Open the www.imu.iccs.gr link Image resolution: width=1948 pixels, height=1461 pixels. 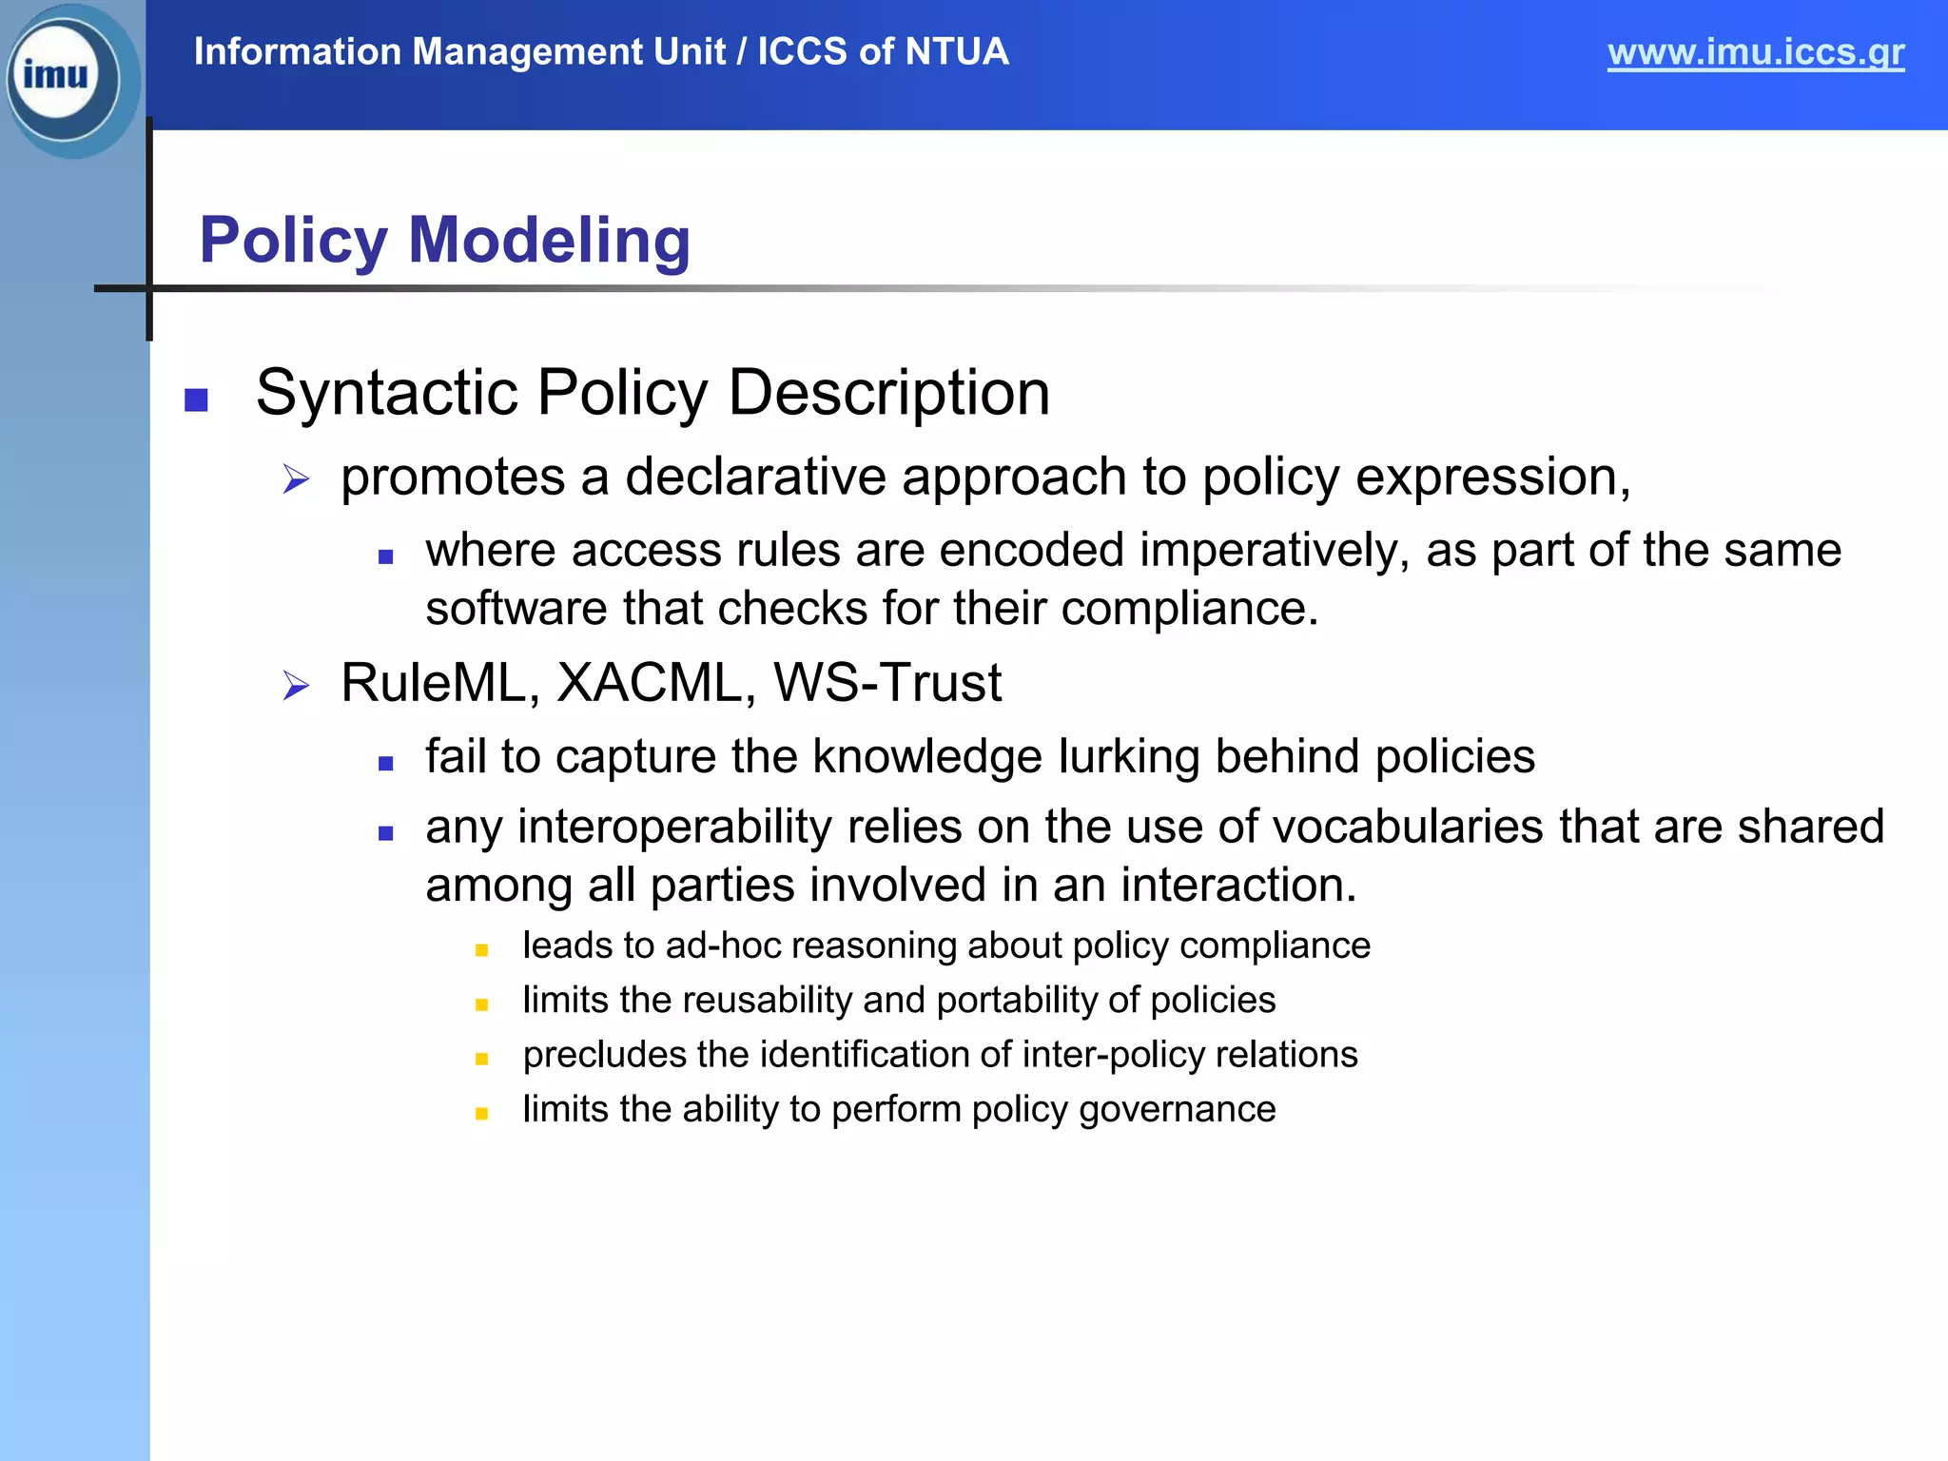click(x=1755, y=52)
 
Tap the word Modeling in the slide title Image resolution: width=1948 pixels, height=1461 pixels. click(x=549, y=240)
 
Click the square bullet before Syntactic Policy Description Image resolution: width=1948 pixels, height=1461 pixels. click(x=196, y=399)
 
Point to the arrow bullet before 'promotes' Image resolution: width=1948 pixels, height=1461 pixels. click(x=296, y=479)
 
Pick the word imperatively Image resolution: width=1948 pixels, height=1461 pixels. click(x=1275, y=551)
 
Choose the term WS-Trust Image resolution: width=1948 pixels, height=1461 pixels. click(x=886, y=683)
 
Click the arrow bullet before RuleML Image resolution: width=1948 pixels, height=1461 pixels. click(x=296, y=686)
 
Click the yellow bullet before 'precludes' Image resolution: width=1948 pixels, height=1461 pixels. click(x=481, y=1059)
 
